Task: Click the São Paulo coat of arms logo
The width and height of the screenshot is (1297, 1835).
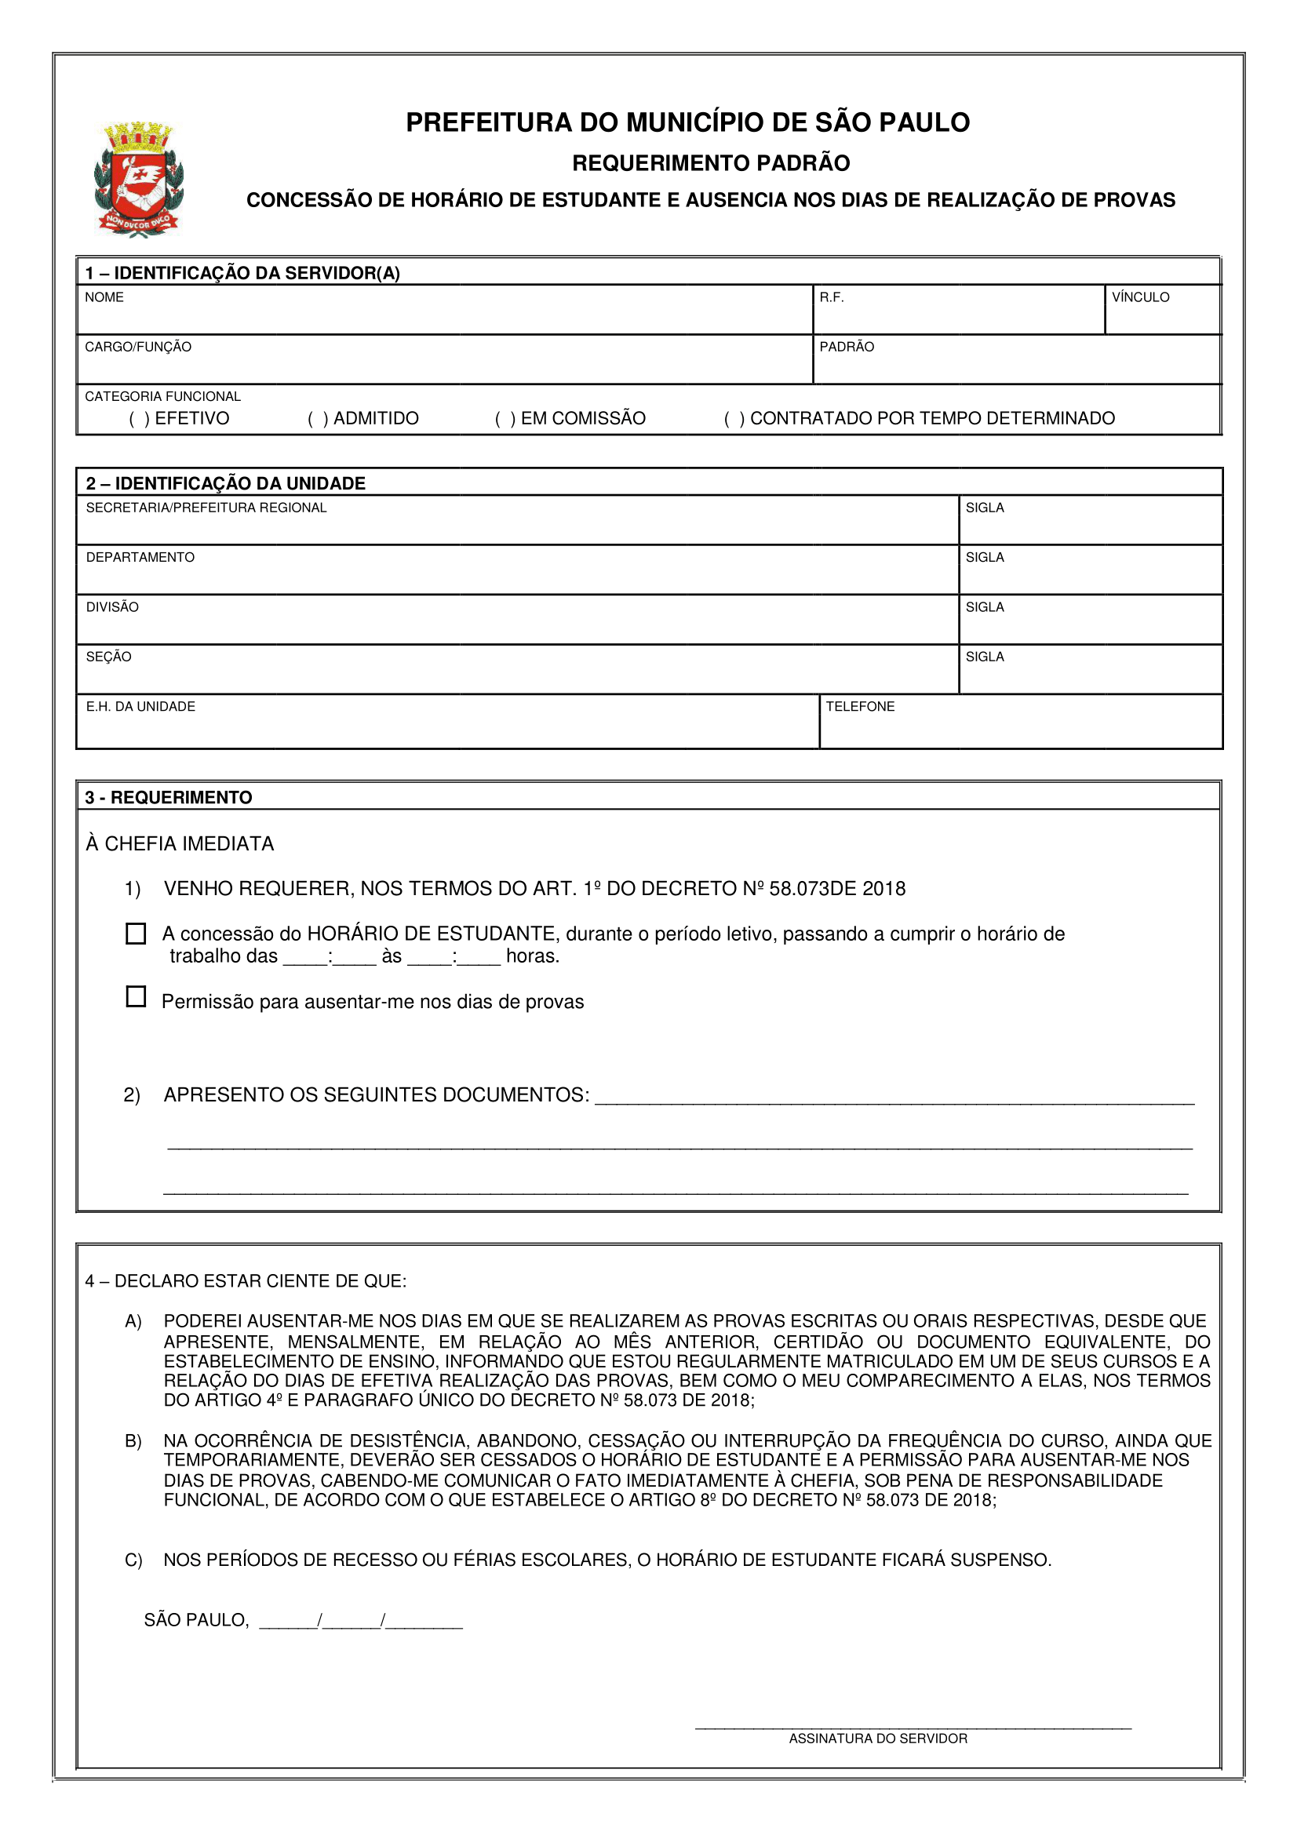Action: tap(139, 179)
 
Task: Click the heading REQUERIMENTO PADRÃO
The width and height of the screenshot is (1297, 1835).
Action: tap(710, 163)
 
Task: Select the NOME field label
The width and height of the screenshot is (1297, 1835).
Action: tap(104, 297)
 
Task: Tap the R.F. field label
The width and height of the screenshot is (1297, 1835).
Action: tap(831, 297)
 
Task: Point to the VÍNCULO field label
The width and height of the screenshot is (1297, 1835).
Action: tap(1139, 297)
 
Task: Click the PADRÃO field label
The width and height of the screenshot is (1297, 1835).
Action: tap(847, 347)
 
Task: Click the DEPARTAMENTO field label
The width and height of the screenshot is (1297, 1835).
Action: tap(140, 557)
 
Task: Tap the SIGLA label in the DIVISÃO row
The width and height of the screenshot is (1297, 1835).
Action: tap(985, 607)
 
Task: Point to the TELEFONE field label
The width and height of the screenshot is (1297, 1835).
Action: tap(860, 707)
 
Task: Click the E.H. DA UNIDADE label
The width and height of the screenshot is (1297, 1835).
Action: tap(140, 707)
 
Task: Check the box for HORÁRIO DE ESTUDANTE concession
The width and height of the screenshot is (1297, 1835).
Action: tap(137, 934)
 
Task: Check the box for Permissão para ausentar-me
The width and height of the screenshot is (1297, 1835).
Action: tap(137, 996)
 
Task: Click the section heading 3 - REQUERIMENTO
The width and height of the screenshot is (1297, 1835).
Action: tap(169, 798)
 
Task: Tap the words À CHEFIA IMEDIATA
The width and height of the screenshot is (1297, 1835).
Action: tap(180, 844)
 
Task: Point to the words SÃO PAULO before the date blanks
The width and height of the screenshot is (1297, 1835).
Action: tap(197, 1620)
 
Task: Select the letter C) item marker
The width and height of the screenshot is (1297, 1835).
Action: tap(133, 1560)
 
